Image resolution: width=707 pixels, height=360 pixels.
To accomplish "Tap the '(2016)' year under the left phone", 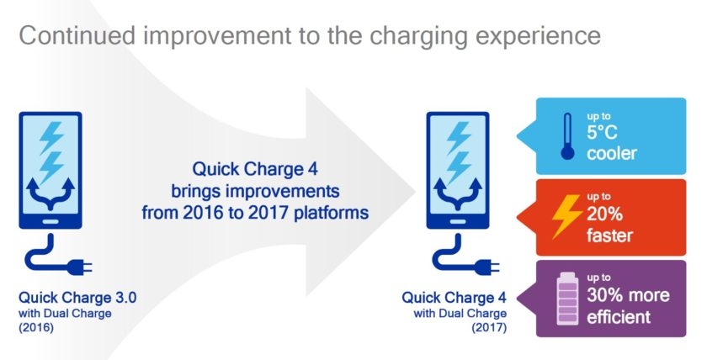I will [x=35, y=328].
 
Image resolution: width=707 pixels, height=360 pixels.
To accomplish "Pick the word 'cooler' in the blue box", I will [x=613, y=154].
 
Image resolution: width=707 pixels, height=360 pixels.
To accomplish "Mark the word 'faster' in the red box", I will [x=611, y=235].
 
